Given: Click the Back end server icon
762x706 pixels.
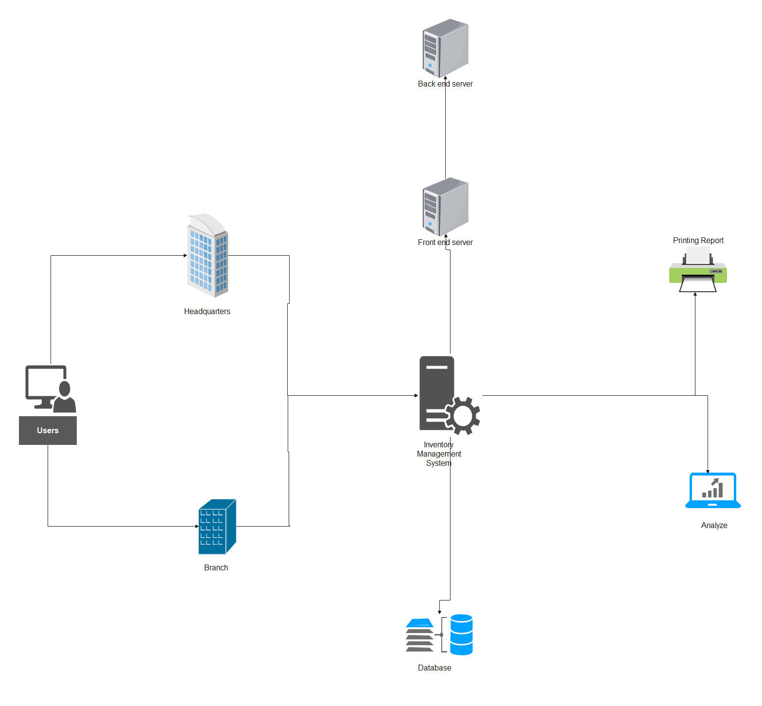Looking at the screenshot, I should coord(445,48).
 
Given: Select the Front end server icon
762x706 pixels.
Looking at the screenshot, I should coord(445,206).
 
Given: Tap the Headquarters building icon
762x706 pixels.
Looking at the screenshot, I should coord(208,256).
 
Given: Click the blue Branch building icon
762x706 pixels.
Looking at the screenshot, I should coord(217,527).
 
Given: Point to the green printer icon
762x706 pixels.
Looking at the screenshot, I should coord(698,270).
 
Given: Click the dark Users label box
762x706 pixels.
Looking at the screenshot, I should coord(48,430).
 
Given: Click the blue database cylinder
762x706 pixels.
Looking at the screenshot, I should coord(461,635).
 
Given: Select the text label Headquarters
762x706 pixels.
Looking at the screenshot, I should coord(207,311).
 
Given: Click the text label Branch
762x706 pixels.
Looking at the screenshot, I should coord(216,567).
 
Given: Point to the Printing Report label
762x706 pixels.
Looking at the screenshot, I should coord(698,240).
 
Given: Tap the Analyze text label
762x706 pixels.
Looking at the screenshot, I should coord(714,525).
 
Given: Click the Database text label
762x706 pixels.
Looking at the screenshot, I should coord(434,668).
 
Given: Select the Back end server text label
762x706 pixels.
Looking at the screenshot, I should coord(445,84).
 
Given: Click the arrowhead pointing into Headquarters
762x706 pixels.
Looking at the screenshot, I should coord(185,255).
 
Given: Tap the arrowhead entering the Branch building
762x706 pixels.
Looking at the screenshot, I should coord(196,526).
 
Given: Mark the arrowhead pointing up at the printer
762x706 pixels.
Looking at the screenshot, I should coord(695,294).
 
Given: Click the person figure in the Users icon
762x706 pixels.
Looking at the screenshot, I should coord(65,398).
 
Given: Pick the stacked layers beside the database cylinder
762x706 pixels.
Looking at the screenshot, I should coord(419,635).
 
